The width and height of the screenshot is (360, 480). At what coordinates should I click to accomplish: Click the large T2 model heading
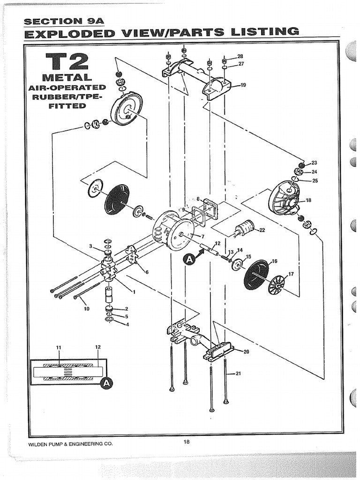(x=67, y=61)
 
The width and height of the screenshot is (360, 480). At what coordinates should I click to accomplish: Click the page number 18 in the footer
(x=187, y=441)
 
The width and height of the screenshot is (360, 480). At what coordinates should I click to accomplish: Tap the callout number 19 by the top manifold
(x=243, y=85)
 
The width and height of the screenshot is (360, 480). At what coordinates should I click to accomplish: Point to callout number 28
(x=240, y=56)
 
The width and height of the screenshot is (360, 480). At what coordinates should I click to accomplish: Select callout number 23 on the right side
(x=314, y=163)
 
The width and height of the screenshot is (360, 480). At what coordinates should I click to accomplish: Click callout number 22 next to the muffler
(x=262, y=230)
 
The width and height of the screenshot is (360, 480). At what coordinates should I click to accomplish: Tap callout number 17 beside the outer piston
(x=291, y=274)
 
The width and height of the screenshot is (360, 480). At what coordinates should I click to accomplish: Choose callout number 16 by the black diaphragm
(x=274, y=261)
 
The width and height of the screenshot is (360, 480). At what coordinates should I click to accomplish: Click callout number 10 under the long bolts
(x=86, y=309)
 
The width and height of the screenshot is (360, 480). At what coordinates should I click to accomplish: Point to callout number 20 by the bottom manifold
(x=247, y=352)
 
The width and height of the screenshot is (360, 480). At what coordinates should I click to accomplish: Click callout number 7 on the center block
(x=202, y=236)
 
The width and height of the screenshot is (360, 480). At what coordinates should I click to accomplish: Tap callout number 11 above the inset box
(x=59, y=347)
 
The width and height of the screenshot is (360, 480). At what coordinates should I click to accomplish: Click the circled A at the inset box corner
(x=107, y=383)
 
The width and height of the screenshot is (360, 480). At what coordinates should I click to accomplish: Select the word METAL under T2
(x=67, y=77)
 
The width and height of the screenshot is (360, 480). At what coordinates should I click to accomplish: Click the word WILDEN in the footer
(x=40, y=444)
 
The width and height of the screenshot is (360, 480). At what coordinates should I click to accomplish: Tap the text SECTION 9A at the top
(x=56, y=22)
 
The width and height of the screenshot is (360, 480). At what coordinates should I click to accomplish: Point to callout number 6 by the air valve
(x=147, y=272)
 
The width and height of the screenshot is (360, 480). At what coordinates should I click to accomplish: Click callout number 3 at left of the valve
(x=90, y=246)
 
